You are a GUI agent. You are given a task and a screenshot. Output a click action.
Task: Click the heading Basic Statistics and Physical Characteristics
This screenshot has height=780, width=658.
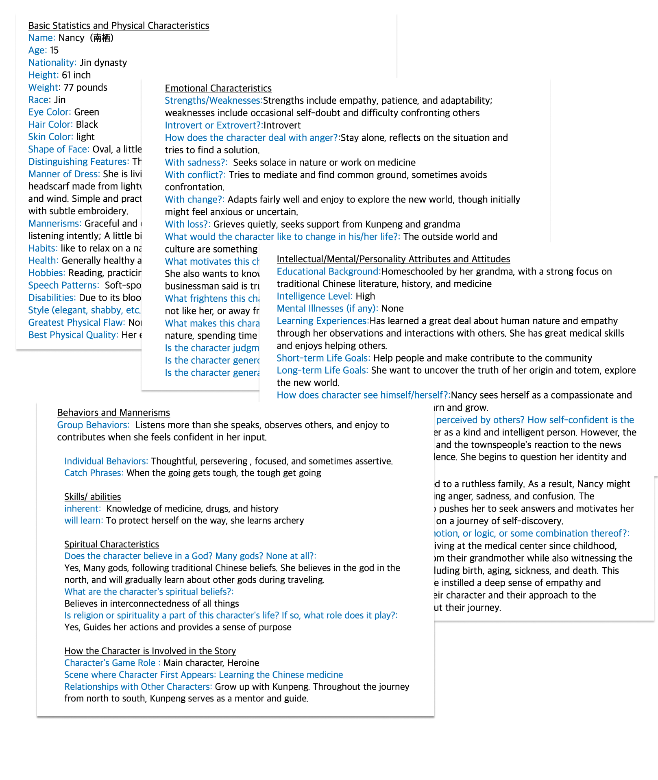click(118, 26)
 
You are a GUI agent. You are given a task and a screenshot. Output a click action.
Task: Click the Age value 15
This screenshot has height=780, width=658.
click(54, 50)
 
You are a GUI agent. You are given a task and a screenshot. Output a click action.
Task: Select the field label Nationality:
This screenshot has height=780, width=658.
click(52, 63)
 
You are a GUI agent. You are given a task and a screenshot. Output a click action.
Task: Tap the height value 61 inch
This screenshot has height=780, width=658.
click(76, 75)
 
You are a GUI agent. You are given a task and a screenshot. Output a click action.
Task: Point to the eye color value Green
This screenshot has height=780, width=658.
click(86, 112)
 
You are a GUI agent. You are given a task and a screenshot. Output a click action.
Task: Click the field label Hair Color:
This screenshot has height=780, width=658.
click(51, 124)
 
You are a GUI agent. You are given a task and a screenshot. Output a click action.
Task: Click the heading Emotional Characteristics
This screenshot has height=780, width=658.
click(218, 88)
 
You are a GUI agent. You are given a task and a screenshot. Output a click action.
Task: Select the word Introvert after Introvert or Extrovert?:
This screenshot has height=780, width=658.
click(282, 125)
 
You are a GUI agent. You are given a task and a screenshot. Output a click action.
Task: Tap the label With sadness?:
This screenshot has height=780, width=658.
click(196, 163)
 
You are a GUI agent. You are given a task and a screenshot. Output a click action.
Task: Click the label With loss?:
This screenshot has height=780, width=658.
click(187, 224)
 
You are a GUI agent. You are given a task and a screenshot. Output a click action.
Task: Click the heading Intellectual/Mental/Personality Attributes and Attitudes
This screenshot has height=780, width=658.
click(393, 259)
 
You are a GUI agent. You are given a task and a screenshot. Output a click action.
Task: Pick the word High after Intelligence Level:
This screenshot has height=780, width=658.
click(365, 296)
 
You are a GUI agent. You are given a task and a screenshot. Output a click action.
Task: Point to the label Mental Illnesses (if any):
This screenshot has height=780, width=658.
click(327, 309)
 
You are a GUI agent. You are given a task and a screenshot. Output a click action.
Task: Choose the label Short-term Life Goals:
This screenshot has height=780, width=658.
click(323, 358)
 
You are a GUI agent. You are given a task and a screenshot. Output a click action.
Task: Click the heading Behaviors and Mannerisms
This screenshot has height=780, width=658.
click(113, 413)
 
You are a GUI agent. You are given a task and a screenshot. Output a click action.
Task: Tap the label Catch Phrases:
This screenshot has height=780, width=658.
click(94, 473)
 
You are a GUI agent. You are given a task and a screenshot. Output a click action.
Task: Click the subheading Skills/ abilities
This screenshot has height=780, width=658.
click(92, 497)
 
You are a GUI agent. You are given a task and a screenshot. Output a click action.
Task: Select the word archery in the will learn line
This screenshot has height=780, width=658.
click(289, 521)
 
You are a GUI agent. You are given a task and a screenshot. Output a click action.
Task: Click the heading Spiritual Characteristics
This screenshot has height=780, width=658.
click(111, 544)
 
